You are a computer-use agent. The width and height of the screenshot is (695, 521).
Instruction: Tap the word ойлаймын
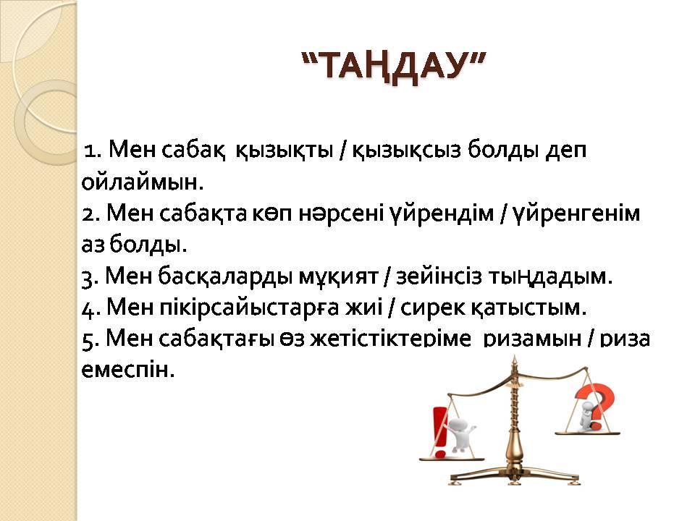click(143, 182)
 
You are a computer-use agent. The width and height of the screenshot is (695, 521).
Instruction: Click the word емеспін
click(128, 370)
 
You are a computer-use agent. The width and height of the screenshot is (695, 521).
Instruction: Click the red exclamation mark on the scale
click(439, 432)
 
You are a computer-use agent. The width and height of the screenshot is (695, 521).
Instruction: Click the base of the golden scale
click(515, 475)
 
